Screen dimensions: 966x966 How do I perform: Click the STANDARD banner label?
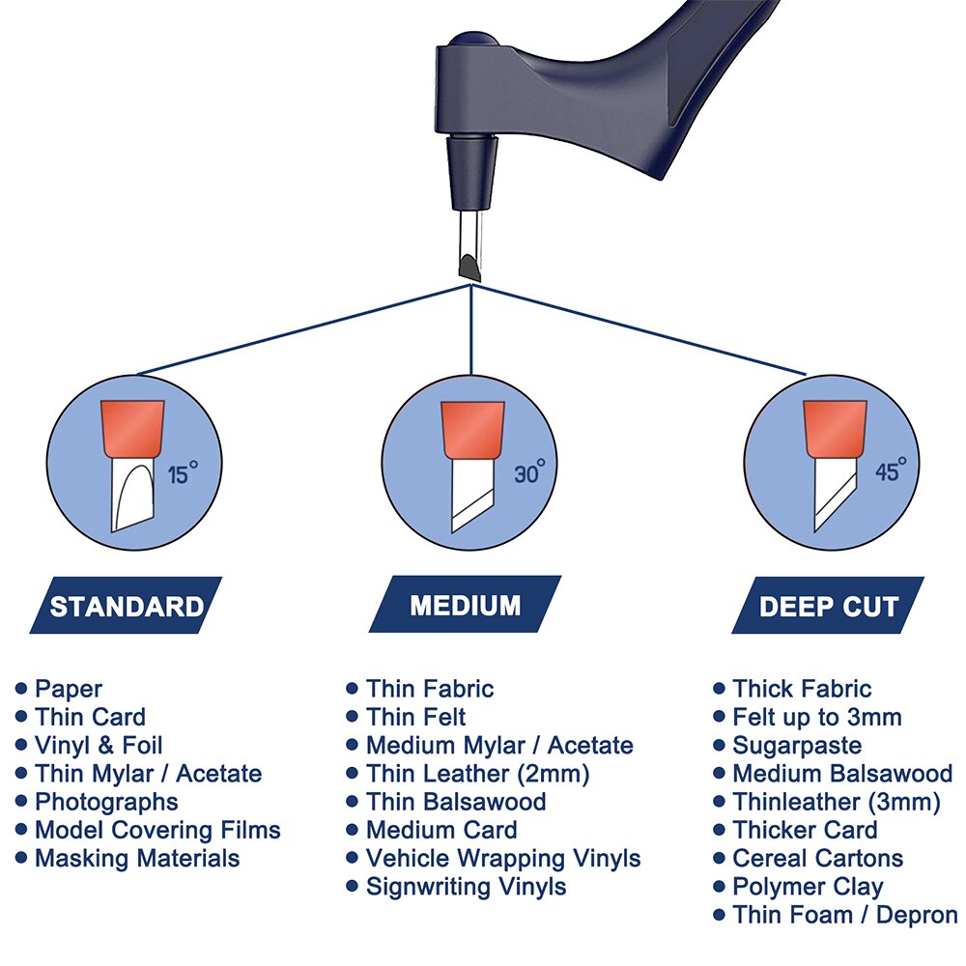(127, 607)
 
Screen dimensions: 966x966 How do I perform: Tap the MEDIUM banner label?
(466, 606)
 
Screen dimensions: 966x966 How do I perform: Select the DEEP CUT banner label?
(829, 607)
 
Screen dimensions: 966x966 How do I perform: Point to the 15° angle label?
(183, 472)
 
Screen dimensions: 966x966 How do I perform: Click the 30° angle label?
(529, 471)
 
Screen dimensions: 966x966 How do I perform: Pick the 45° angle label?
(891, 470)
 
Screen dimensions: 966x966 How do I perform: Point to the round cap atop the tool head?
(472, 40)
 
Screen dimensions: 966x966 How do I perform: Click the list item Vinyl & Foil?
(99, 746)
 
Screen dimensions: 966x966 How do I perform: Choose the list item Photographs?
(106, 802)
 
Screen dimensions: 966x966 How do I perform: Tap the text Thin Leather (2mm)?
(478, 774)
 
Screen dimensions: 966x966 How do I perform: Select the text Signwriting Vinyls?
(467, 887)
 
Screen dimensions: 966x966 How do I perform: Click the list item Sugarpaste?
(797, 746)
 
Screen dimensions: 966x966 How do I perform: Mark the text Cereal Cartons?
(818, 859)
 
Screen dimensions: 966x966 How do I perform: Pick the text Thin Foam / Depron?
(845, 916)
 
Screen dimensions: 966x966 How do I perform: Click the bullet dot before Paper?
(21, 688)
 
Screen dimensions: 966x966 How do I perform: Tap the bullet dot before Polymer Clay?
(719, 887)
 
